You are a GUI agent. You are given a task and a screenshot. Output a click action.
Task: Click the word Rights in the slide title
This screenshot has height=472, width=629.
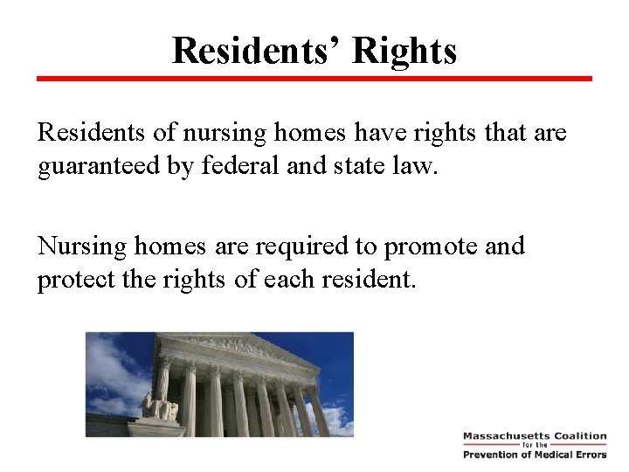point(404,51)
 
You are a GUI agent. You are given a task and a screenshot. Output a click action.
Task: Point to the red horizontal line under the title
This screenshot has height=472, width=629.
point(314,79)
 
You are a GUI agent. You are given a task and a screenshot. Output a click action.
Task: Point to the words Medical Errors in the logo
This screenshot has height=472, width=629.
point(569,455)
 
